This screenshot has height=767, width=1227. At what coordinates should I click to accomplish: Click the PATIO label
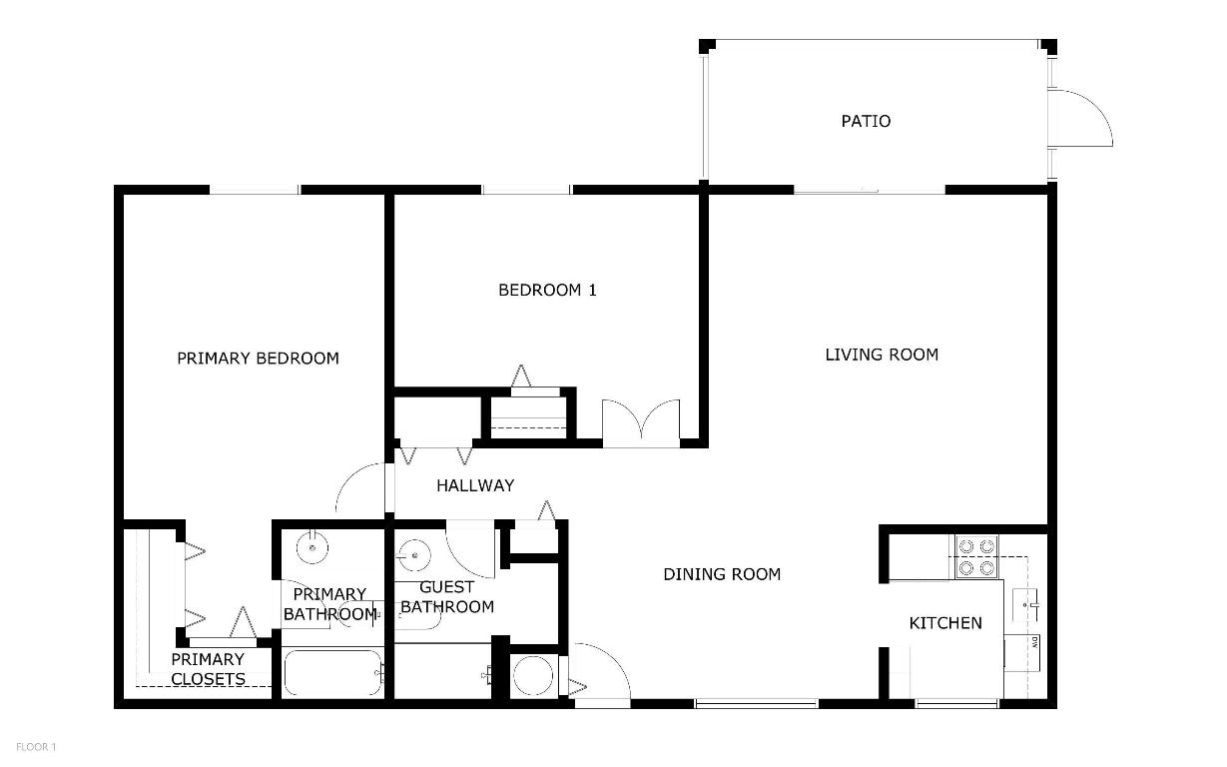coord(866,122)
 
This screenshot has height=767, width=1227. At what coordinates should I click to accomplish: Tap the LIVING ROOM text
coord(882,355)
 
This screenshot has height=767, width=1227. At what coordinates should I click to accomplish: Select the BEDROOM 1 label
coord(547,291)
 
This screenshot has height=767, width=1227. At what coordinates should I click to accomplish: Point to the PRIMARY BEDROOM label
coord(258,359)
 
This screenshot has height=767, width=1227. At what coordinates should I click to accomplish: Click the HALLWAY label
coord(475,486)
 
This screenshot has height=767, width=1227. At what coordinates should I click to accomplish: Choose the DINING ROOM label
coord(722,574)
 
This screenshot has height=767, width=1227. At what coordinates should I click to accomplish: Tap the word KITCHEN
coord(944,623)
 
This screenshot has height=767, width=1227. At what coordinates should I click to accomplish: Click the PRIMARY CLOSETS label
coord(208,669)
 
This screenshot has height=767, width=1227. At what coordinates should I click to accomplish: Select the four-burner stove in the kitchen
coord(976,556)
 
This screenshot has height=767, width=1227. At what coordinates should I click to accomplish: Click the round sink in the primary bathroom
coord(312,544)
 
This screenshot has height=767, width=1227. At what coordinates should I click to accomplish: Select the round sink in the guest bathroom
coord(411,552)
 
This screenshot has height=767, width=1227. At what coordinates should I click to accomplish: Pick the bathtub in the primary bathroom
coord(332,674)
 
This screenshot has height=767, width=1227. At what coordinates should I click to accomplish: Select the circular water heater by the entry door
coord(533,675)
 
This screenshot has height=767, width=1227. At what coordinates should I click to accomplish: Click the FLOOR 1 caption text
coord(36,746)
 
